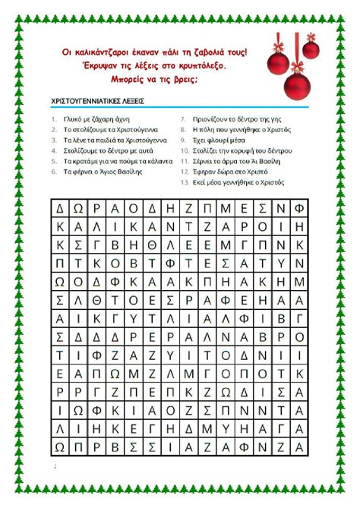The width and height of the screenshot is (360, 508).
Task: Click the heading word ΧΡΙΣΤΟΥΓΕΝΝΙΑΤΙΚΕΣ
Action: pyautogui.click(x=85, y=100)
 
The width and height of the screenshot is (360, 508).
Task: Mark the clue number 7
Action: pyautogui.click(x=184, y=119)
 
